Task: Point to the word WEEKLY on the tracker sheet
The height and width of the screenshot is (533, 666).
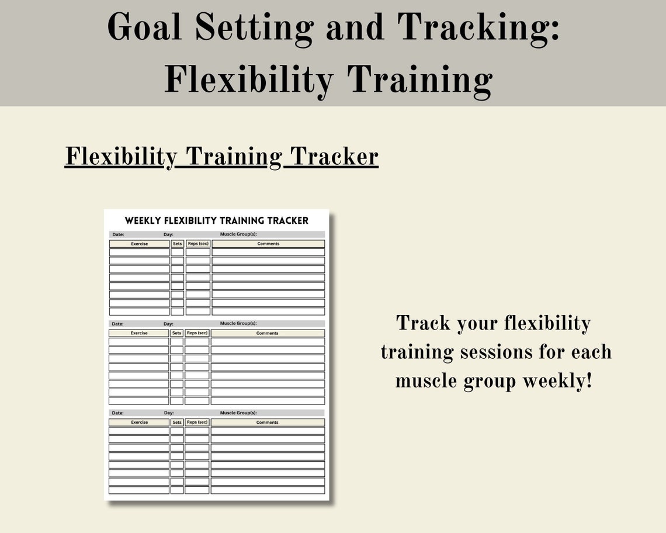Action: tap(143, 220)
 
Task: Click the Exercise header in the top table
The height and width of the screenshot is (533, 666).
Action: tap(139, 244)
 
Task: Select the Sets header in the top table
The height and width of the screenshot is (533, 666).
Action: tap(178, 244)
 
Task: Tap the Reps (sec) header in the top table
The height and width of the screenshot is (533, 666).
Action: tap(198, 244)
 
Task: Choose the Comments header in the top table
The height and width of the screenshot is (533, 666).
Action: tap(268, 244)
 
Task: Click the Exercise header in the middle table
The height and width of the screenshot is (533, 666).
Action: tap(139, 333)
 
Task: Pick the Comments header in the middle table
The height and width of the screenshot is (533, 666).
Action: tap(268, 333)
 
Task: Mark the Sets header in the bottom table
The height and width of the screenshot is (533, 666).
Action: tap(177, 422)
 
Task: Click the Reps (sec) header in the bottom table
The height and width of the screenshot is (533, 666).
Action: tap(197, 422)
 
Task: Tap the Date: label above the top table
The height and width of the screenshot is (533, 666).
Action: tap(118, 234)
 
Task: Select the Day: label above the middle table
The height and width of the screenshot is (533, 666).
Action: tap(168, 324)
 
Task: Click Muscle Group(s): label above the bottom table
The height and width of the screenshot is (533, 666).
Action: tap(238, 413)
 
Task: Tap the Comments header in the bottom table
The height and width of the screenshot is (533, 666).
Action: tap(268, 422)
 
